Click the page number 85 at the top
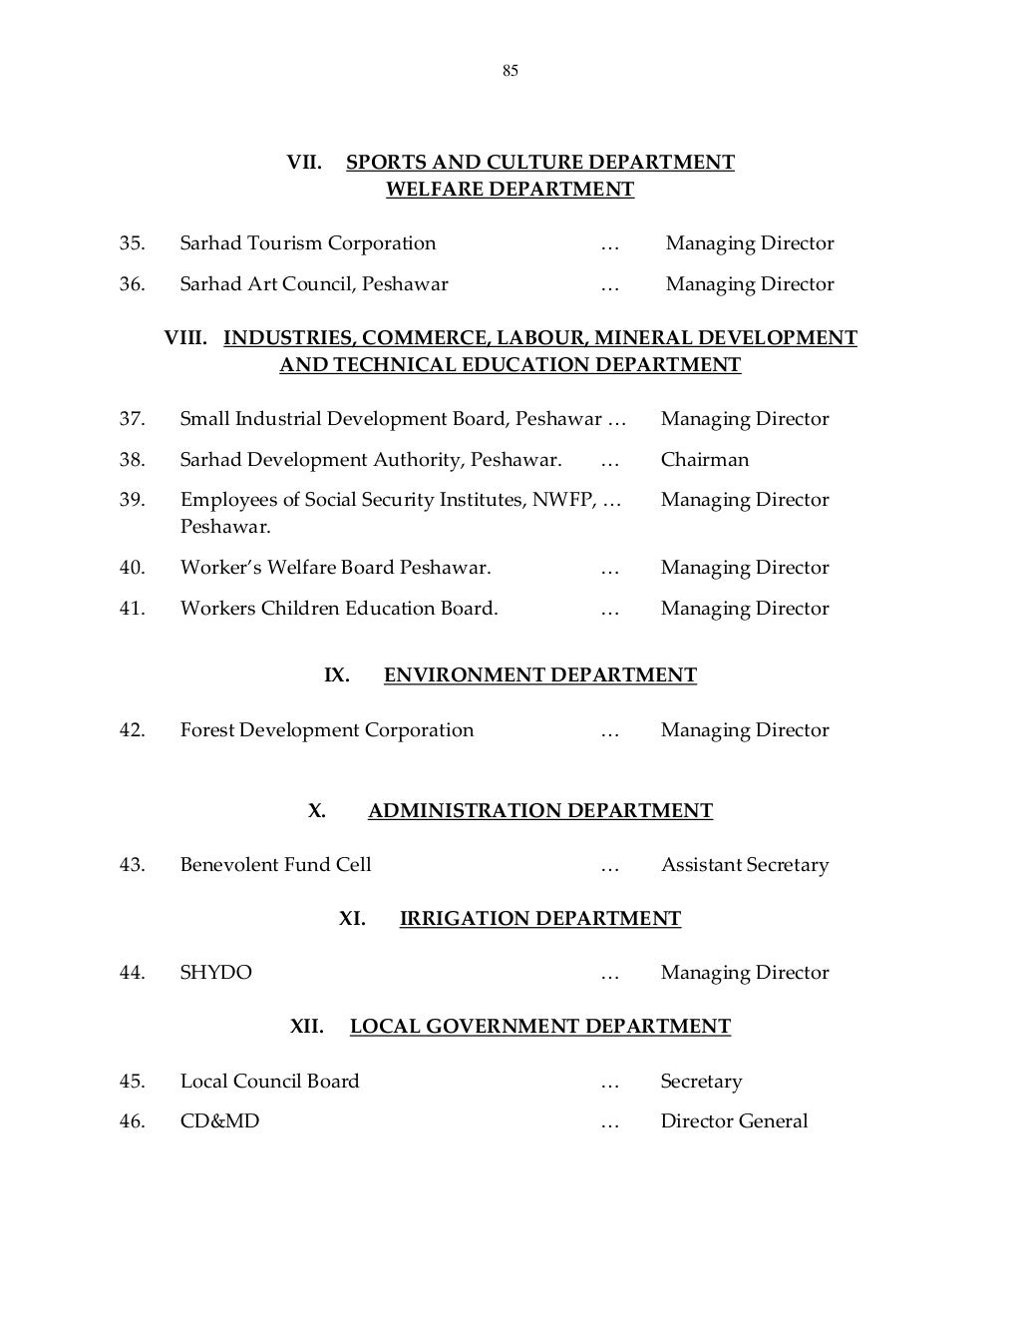pos(510,71)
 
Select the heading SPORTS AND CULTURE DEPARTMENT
pos(539,163)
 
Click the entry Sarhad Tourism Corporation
pos(307,243)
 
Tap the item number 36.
pos(132,284)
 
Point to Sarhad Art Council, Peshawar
pos(313,284)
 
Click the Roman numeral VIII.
pos(185,338)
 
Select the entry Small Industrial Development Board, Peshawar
pos(391,419)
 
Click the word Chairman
pos(704,460)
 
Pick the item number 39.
pos(132,500)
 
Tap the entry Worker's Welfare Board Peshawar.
pos(335,568)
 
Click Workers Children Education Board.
pos(338,609)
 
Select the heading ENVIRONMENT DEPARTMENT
pos(539,675)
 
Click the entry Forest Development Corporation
pos(326,730)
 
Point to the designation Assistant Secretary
pos(744,865)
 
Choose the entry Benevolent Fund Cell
pos(275,865)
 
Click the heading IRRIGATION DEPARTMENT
pos(539,919)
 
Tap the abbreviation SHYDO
pos(215,973)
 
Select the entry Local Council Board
pos(269,1082)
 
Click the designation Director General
pos(734,1121)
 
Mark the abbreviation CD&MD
pos(219,1121)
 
